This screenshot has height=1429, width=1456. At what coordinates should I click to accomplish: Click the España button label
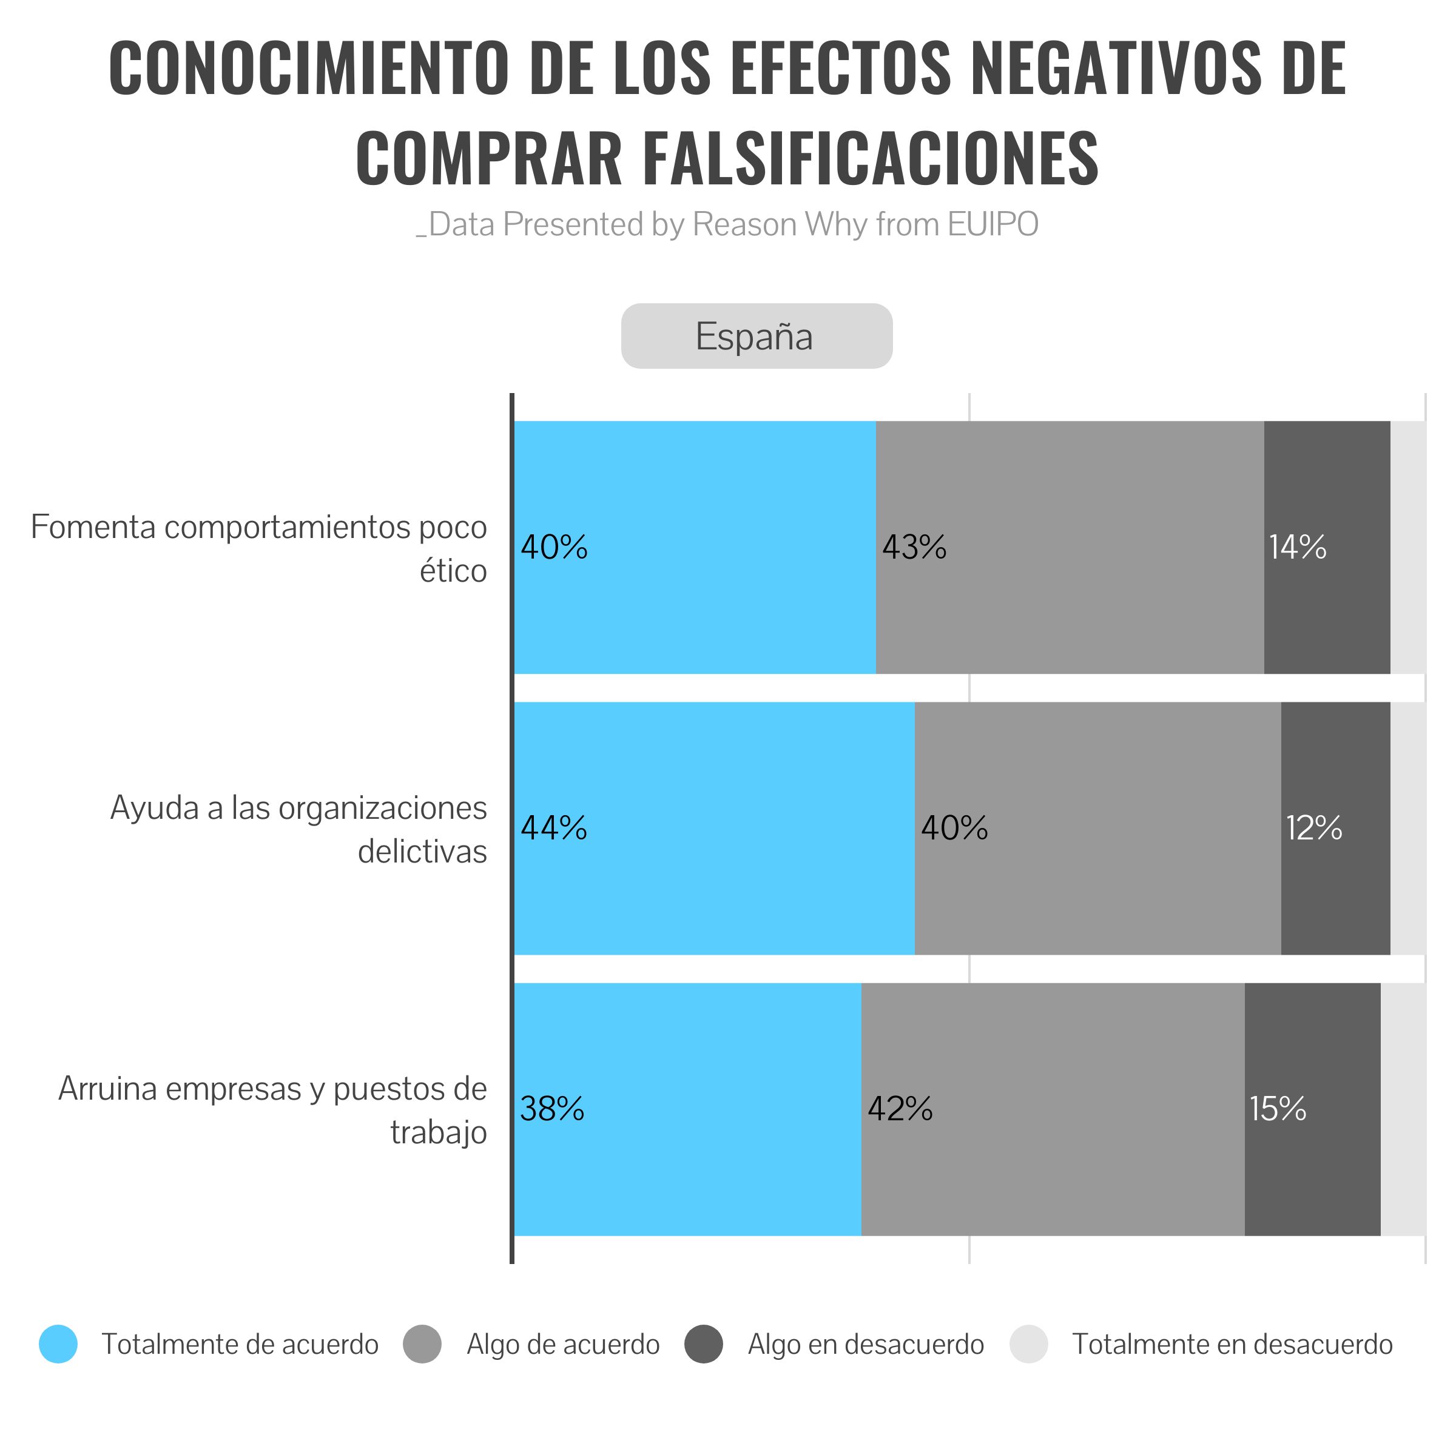pyautogui.click(x=753, y=336)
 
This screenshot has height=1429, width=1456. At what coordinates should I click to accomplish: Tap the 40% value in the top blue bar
pyautogui.click(x=554, y=547)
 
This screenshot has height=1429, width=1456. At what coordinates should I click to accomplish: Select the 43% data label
pyautogui.click(x=914, y=547)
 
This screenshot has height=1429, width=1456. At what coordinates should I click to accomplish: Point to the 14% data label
pyautogui.click(x=1298, y=547)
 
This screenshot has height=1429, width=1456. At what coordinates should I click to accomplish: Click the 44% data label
pyautogui.click(x=554, y=828)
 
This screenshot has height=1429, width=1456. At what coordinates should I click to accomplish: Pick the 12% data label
pyautogui.click(x=1314, y=828)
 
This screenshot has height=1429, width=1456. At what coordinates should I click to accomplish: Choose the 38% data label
pyautogui.click(x=553, y=1109)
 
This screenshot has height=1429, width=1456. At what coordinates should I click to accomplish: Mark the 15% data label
pyautogui.click(x=1278, y=1109)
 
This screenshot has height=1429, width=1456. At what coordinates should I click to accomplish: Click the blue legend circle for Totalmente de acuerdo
pyautogui.click(x=58, y=1343)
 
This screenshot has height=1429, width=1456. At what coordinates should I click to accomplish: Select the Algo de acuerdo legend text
pyautogui.click(x=563, y=1344)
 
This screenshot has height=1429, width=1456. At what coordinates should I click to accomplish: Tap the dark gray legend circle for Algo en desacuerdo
pyautogui.click(x=704, y=1343)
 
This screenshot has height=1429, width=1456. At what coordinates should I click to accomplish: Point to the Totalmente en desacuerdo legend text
pyautogui.click(x=1232, y=1344)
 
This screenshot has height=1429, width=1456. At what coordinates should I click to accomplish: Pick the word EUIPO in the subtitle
pyautogui.click(x=993, y=224)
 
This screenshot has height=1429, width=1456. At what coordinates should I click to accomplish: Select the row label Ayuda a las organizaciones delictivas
pyautogui.click(x=298, y=829)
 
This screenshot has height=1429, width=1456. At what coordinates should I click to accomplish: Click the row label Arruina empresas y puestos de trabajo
pyautogui.click(x=273, y=1110)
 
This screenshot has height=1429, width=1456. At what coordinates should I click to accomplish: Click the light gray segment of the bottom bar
pyautogui.click(x=1403, y=1109)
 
